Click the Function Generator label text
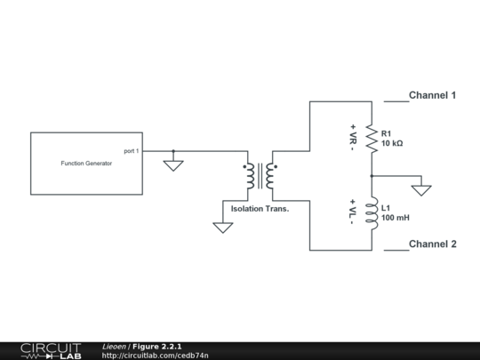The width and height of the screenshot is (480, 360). coord(86,164)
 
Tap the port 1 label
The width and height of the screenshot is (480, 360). coord(131,151)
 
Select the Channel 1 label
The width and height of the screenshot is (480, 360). coord(432,95)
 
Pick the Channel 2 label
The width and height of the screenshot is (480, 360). coord(432,244)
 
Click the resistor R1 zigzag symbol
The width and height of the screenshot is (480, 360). coord(372,138)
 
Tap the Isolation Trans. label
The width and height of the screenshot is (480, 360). coord(260,209)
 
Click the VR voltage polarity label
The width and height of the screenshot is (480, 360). coord(353,138)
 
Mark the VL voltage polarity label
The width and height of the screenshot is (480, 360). coord(353,212)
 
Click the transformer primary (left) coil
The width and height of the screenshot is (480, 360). coord(250,176)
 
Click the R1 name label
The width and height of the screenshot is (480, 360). coord(387,133)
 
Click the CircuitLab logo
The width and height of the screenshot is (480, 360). coord(51,350)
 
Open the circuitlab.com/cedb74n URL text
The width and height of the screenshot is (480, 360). coord(156,356)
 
